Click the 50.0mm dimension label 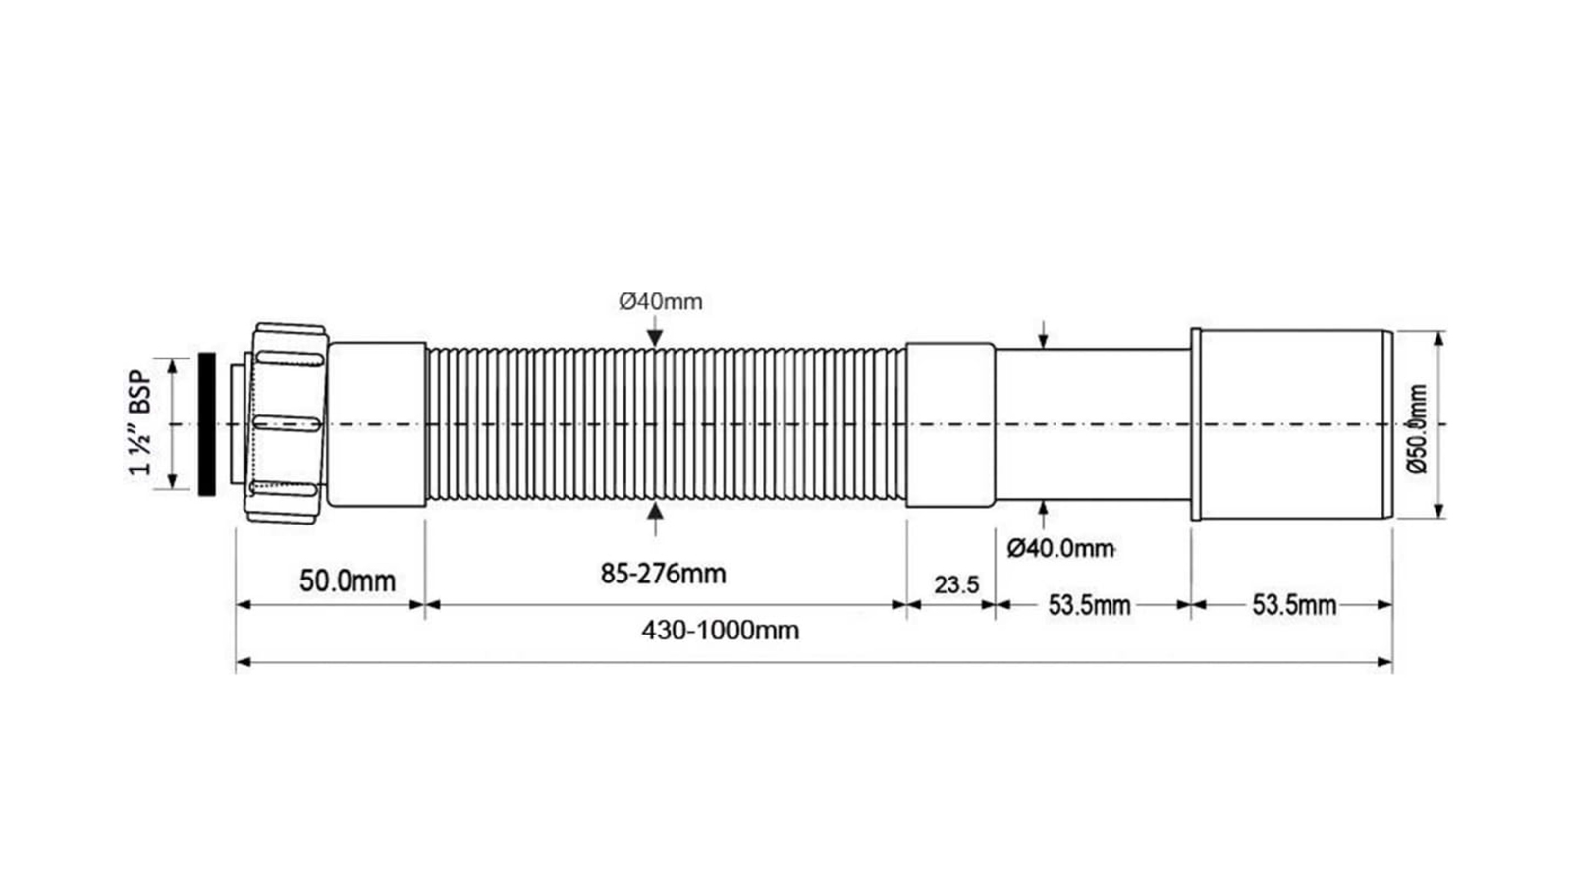coord(348,580)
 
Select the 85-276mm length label coord(664,574)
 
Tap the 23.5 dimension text coord(956,584)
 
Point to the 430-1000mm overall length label coord(721,630)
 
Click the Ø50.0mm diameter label coord(1418,428)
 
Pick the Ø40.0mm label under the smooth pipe coord(1060,548)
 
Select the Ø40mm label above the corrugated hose coord(660,302)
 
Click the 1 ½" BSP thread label coord(139,423)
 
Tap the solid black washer coord(207,424)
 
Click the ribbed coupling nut coord(288,423)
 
